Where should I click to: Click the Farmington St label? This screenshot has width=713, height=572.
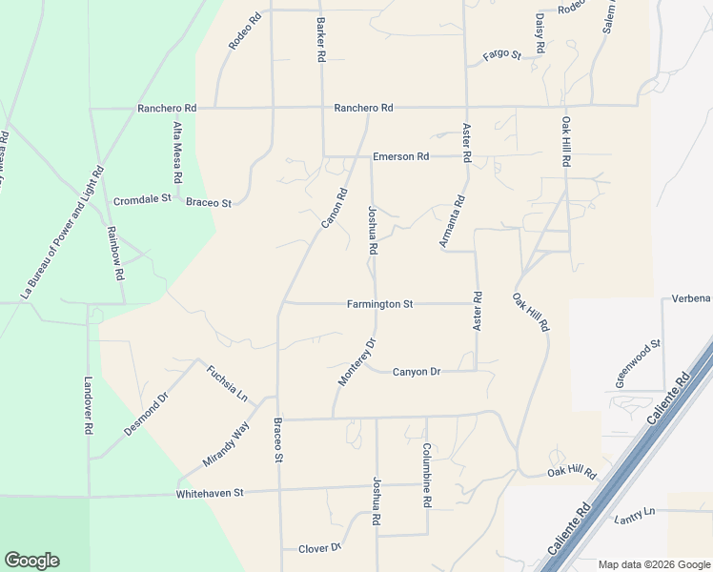[379, 304]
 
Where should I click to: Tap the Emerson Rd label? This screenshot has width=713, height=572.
[400, 156]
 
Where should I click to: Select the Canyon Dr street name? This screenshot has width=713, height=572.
[416, 372]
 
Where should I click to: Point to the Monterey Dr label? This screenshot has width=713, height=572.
[357, 362]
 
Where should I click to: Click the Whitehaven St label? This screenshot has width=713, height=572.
[210, 494]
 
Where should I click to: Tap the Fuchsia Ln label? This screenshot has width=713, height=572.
[227, 383]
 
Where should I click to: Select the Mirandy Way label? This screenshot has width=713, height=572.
[225, 443]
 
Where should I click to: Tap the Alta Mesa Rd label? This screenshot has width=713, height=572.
[177, 153]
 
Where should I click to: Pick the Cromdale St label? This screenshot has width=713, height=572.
[141, 200]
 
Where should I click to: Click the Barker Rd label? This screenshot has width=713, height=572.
[321, 40]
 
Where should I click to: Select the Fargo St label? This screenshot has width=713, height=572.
[501, 55]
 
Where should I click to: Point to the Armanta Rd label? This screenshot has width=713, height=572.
[452, 222]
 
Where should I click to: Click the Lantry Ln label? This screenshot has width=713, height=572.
[635, 514]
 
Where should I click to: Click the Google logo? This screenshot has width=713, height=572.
[31, 561]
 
